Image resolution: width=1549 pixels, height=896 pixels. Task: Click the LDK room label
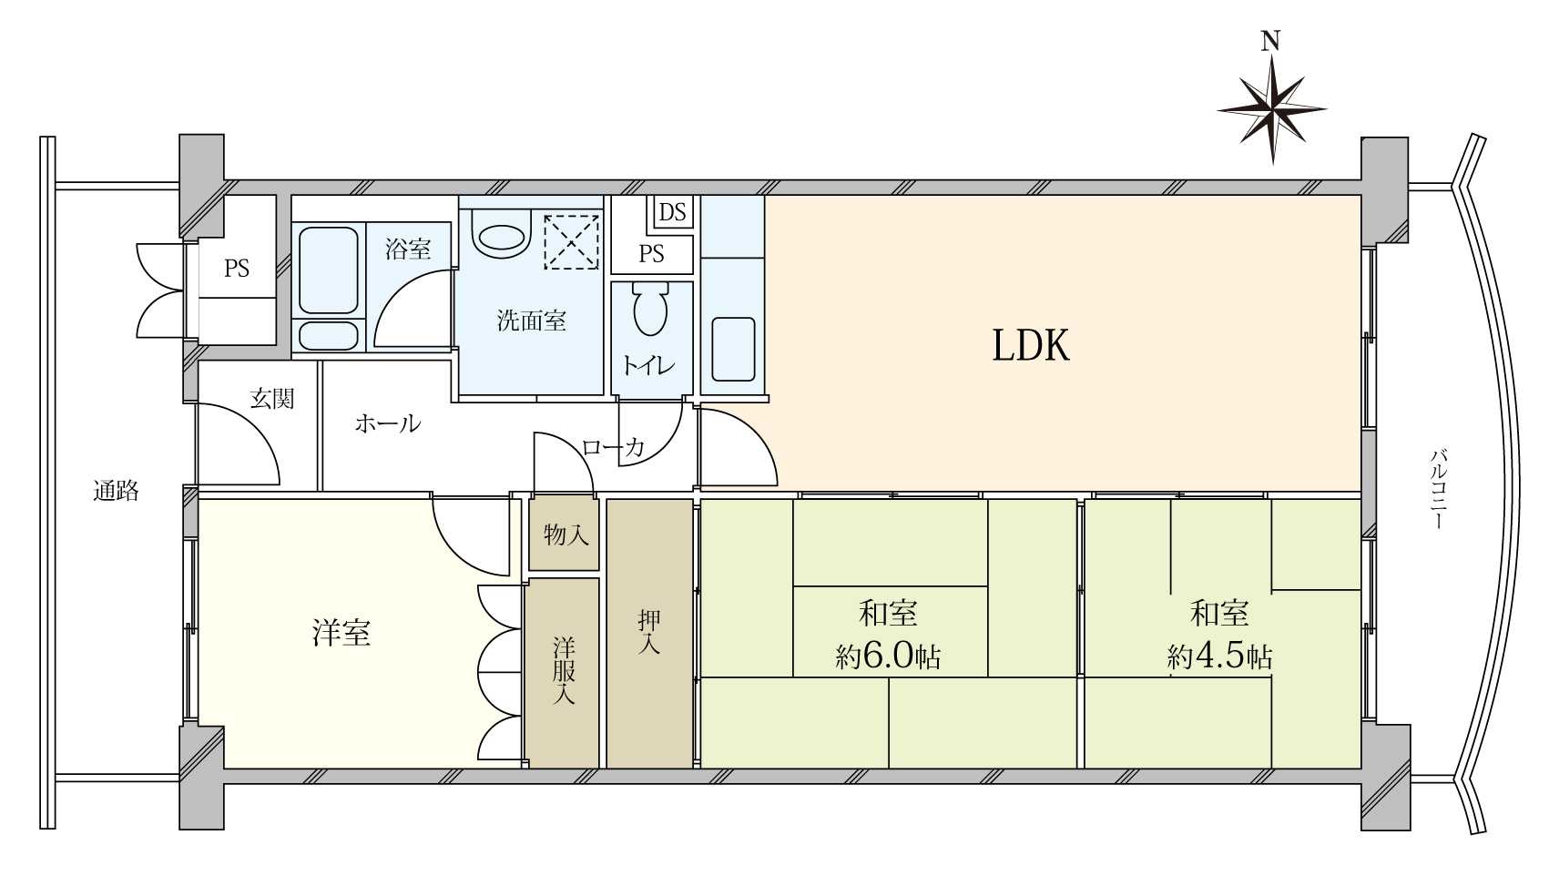(1030, 346)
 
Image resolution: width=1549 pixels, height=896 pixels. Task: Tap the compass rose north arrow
(1271, 110)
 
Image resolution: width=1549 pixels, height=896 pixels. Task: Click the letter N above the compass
(1270, 42)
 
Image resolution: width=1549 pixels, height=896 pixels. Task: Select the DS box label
(672, 212)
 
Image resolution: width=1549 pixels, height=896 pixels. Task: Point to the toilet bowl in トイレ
(651, 309)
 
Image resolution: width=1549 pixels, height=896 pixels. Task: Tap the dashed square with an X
(571, 242)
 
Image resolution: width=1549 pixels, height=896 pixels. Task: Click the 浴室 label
(408, 249)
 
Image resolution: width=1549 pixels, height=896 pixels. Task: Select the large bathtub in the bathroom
(329, 271)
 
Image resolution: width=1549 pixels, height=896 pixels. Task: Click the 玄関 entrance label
(272, 399)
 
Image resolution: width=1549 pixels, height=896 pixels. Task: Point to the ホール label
(388, 423)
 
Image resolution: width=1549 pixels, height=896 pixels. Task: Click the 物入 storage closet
(565, 534)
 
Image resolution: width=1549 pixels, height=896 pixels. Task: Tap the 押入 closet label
(648, 631)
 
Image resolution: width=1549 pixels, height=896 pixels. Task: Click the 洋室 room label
(341, 633)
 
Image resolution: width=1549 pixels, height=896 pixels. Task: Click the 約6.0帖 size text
(888, 656)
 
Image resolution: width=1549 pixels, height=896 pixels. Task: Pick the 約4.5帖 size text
(1220, 656)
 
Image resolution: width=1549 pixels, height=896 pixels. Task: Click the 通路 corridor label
(117, 491)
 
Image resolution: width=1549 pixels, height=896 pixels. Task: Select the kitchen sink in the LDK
(733, 349)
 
